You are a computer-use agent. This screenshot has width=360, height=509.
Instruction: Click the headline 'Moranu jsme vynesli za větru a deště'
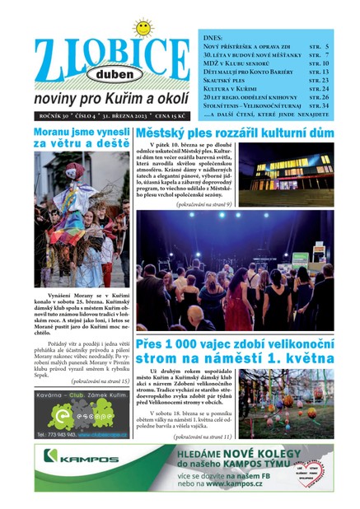[x=82, y=138]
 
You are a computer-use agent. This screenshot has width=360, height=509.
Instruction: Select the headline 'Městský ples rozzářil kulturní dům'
[x=235, y=133]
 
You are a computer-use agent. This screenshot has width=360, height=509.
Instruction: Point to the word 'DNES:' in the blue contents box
[x=213, y=37]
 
